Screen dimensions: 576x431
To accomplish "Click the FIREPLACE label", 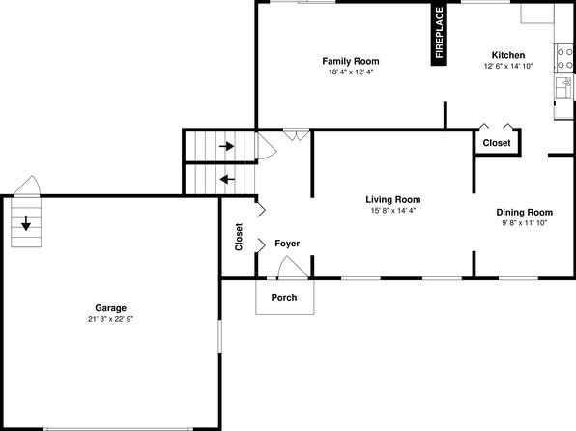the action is pyautogui.click(x=440, y=33).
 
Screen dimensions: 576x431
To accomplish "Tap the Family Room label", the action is pyautogui.click(x=351, y=61).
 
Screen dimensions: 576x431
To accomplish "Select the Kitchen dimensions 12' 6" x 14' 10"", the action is pyautogui.click(x=508, y=66).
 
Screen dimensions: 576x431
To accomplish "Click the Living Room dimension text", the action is pyautogui.click(x=393, y=211).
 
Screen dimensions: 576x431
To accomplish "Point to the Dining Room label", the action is pyautogui.click(x=524, y=212).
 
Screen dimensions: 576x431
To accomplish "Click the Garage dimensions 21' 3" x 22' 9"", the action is pyautogui.click(x=110, y=319).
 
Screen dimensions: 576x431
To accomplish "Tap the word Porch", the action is pyautogui.click(x=284, y=297).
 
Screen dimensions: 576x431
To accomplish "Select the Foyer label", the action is pyautogui.click(x=287, y=244).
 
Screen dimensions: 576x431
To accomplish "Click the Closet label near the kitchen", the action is pyautogui.click(x=497, y=143).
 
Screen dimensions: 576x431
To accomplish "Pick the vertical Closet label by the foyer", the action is pyautogui.click(x=239, y=237).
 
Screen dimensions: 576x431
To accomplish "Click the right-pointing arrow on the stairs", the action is pyautogui.click(x=227, y=146).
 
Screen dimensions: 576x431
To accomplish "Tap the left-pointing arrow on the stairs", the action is pyautogui.click(x=227, y=180).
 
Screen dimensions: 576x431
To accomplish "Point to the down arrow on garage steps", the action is pyautogui.click(x=26, y=224).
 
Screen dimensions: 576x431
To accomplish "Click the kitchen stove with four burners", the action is pyautogui.click(x=564, y=58).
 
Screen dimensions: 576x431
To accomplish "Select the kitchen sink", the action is pyautogui.click(x=564, y=87).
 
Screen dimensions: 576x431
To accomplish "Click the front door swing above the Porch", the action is pyautogui.click(x=293, y=267).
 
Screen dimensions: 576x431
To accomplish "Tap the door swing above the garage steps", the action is pyautogui.click(x=27, y=186).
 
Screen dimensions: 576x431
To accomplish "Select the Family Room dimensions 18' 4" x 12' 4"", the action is pyautogui.click(x=351, y=72).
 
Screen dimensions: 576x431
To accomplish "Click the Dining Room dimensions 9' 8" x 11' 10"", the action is pyautogui.click(x=525, y=223).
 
